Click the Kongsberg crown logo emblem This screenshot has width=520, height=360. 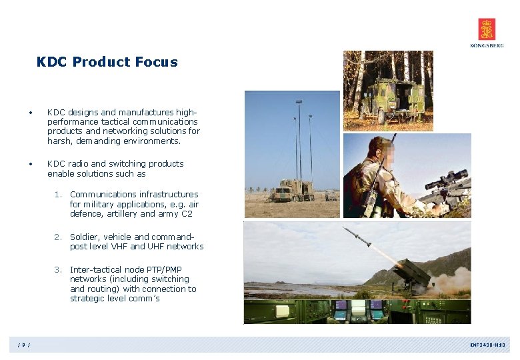tap(487, 29)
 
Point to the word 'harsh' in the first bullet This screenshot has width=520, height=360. tap(58, 141)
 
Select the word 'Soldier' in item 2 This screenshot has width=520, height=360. tap(84, 237)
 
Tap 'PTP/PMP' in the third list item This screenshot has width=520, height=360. tap(163, 270)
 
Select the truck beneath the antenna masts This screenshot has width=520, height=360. tap(294, 191)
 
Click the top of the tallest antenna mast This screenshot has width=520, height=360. tap(299, 101)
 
